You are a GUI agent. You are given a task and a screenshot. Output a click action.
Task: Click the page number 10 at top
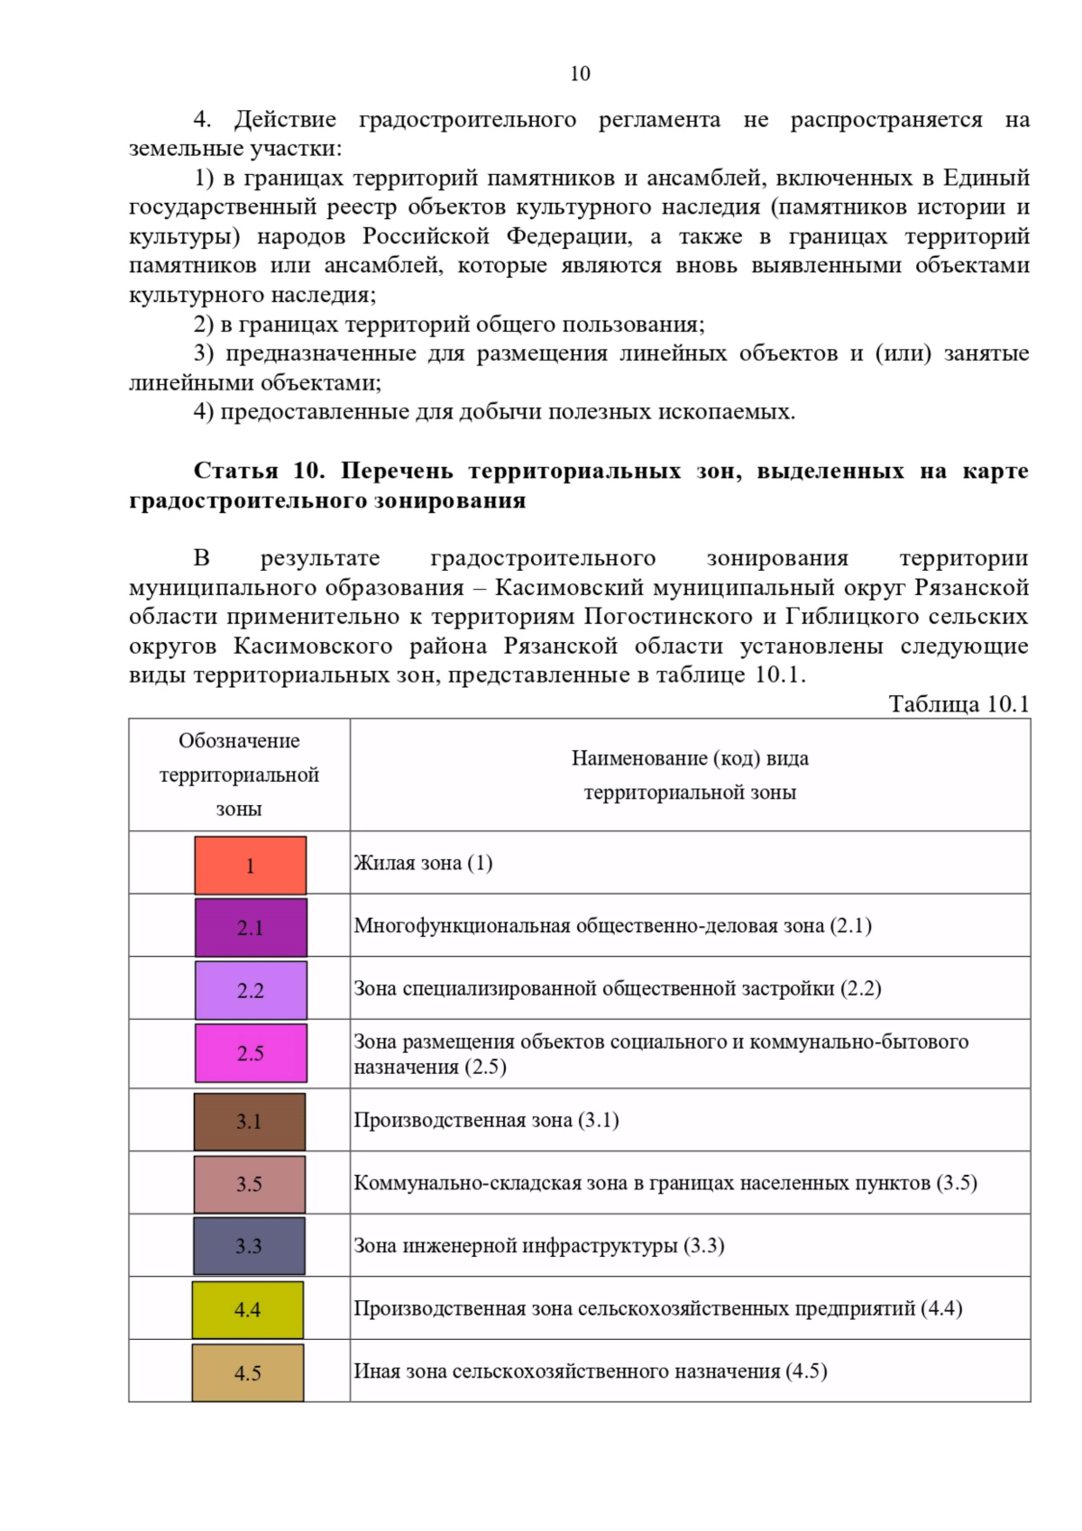click(x=580, y=74)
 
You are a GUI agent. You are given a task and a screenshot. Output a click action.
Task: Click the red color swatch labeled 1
click(x=250, y=866)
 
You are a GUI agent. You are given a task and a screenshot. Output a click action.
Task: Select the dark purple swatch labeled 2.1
click(x=251, y=928)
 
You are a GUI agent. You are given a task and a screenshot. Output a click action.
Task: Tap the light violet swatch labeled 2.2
click(x=251, y=990)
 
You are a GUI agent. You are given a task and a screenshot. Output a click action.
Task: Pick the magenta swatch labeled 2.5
click(x=251, y=1052)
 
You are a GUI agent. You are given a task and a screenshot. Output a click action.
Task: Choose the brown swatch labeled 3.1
click(x=249, y=1121)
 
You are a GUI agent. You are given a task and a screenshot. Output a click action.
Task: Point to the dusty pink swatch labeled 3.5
click(x=249, y=1184)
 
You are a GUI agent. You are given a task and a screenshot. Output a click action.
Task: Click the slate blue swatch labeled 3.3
click(x=249, y=1246)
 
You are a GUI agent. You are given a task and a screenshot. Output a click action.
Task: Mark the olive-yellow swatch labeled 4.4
click(x=247, y=1309)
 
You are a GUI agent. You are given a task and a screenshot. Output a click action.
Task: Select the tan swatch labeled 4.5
click(x=247, y=1372)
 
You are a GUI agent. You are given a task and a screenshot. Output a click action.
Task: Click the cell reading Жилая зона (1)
click(x=423, y=863)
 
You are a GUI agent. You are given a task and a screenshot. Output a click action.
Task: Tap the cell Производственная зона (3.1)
click(x=486, y=1120)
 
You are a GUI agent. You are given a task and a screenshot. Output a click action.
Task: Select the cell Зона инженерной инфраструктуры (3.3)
click(x=538, y=1245)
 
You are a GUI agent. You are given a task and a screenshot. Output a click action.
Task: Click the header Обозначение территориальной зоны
click(x=239, y=775)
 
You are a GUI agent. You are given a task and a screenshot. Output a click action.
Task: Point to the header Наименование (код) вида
click(x=690, y=758)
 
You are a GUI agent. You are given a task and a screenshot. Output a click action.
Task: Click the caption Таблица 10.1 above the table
click(x=958, y=704)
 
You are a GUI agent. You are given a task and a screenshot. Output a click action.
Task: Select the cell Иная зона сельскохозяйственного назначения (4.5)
click(x=590, y=1371)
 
